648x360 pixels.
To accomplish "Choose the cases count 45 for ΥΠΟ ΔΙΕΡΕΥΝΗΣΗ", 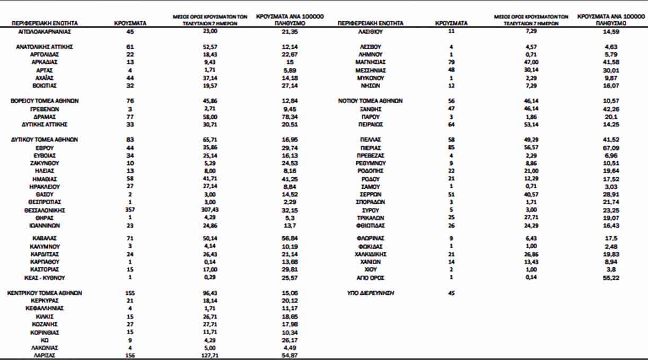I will [x=451, y=293].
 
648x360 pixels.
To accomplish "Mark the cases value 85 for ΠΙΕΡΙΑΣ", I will [x=451, y=147].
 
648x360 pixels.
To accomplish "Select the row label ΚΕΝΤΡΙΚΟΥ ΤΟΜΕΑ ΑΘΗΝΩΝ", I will [x=45, y=293].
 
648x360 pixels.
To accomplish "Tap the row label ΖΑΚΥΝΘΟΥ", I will [x=45, y=163].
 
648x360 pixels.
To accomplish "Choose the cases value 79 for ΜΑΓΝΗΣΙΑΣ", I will [x=451, y=62].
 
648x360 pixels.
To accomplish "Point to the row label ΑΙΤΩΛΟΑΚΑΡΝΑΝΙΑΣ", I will [x=45, y=31].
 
